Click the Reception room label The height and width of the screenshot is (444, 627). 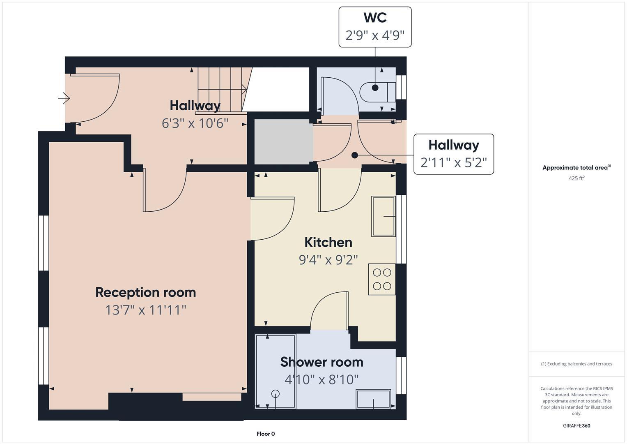click(145, 292)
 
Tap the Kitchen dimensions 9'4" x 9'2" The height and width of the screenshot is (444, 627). click(328, 260)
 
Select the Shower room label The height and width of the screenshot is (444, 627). click(322, 362)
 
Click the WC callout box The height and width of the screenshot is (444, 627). click(375, 27)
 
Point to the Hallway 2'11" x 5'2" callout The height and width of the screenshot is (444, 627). click(453, 154)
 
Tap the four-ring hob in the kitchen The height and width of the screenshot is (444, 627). click(382, 279)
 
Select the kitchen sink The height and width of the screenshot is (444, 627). click(384, 216)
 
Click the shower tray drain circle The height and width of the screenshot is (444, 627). click(276, 393)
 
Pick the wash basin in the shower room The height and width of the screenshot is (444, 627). click(373, 399)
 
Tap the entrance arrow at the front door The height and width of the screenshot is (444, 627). click(64, 99)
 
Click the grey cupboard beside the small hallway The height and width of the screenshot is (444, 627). click(282, 142)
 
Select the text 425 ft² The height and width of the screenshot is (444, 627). click(576, 178)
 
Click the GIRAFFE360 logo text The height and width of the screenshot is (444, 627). click(576, 425)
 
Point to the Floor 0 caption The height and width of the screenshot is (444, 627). click(266, 434)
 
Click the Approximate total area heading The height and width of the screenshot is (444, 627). click(576, 168)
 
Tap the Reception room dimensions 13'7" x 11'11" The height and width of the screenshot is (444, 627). click(145, 310)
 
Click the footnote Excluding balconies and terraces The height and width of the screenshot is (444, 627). click(576, 364)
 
